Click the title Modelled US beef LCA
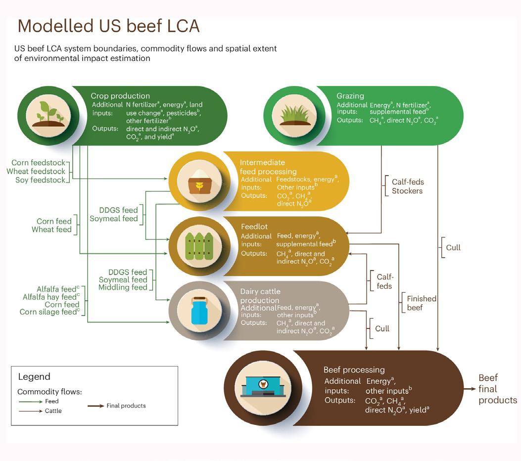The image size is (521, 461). [x=108, y=26]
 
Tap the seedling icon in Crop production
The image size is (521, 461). [x=48, y=116]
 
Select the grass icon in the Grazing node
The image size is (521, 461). [x=295, y=116]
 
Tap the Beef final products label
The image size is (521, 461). [x=497, y=389]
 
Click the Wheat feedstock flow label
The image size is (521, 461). [x=36, y=171]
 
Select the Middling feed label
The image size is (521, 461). [x=123, y=287]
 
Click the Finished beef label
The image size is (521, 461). [x=421, y=303]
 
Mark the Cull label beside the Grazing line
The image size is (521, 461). [x=453, y=247]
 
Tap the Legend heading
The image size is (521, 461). [x=34, y=377]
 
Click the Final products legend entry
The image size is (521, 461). [x=126, y=406]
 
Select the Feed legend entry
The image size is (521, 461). [x=51, y=401]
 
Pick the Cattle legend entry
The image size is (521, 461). [x=53, y=411]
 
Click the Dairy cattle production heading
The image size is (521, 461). [x=260, y=296]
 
